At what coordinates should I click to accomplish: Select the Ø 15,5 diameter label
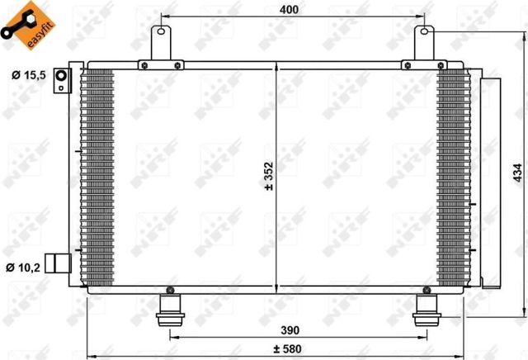click(28, 76)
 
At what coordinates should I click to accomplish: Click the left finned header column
click(98, 177)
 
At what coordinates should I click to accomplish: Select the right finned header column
click(451, 177)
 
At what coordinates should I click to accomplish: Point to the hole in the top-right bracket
click(424, 33)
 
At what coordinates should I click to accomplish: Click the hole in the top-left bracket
click(160, 33)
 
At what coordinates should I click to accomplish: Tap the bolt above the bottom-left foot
click(170, 291)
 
